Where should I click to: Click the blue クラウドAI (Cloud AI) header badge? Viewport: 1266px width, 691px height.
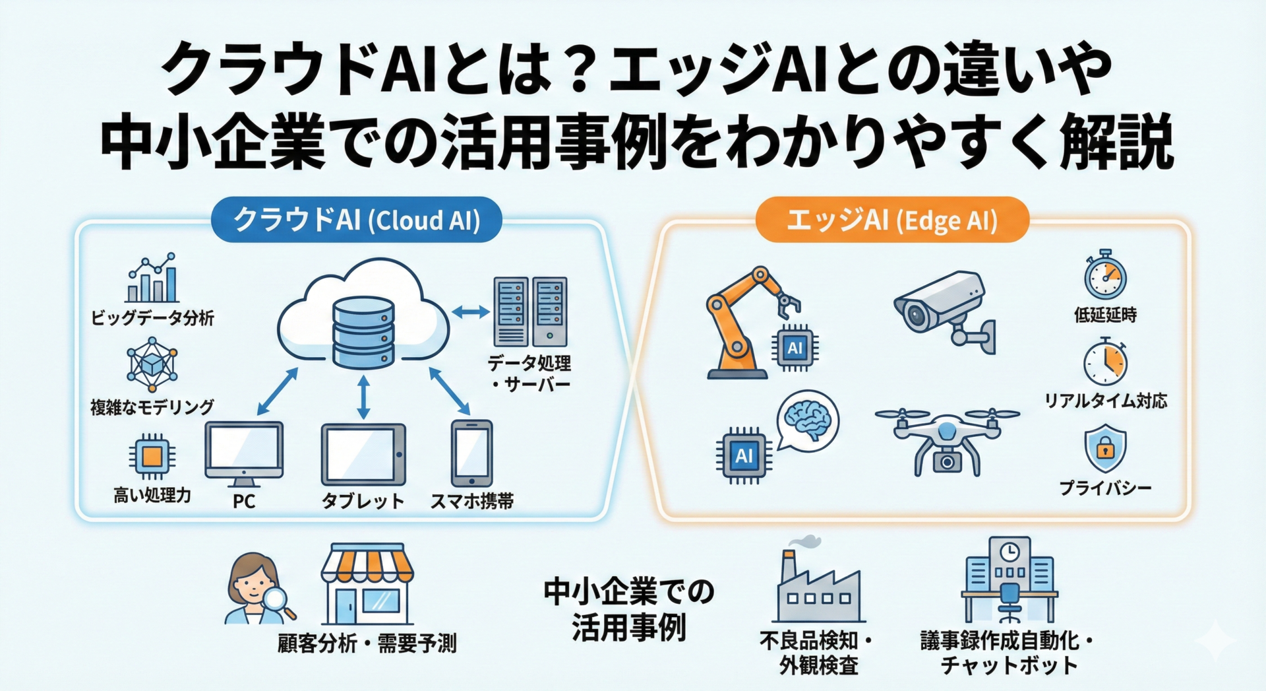(x=356, y=220)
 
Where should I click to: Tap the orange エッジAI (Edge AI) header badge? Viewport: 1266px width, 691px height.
(x=891, y=220)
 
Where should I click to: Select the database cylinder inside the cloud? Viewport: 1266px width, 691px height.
(x=363, y=332)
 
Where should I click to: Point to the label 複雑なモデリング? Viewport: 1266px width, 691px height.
(x=152, y=407)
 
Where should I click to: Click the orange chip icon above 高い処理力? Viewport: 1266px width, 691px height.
(x=152, y=455)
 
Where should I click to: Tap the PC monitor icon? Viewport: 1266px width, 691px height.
(x=244, y=450)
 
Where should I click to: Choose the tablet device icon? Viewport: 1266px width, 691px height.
(x=363, y=455)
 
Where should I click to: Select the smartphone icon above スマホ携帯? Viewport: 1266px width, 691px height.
(x=471, y=453)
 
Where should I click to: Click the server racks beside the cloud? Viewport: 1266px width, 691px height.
(x=530, y=312)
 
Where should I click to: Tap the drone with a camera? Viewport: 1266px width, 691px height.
(x=947, y=439)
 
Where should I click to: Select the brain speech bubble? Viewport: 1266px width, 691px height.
(x=808, y=420)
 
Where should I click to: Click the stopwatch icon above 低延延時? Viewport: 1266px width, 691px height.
(x=1105, y=275)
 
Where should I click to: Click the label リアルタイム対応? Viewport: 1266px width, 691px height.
(x=1105, y=401)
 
